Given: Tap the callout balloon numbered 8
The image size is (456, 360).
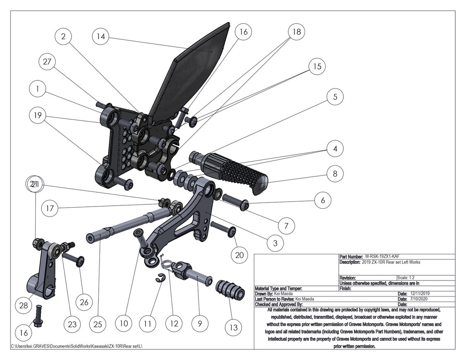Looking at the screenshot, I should (335, 173).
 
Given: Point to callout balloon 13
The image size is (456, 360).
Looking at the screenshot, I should (233, 327).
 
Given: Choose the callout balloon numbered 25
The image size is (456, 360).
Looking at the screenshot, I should (98, 324).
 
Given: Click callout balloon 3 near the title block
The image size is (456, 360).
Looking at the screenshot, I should (275, 243).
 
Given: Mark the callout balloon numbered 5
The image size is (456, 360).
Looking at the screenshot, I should (335, 97).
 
